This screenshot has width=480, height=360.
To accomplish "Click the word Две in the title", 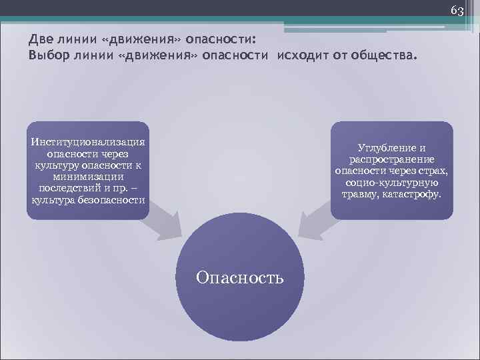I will tap(40, 39).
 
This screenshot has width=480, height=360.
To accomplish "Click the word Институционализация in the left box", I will tap(87, 141).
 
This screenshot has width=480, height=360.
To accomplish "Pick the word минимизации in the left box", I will tap(87, 177).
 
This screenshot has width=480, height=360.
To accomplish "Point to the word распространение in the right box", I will tap(391, 159).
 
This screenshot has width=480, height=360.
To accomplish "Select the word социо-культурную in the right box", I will tap(391, 183).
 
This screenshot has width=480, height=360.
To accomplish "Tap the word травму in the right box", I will tap(361, 195).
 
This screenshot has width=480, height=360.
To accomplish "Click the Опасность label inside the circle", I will tap(239, 277).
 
